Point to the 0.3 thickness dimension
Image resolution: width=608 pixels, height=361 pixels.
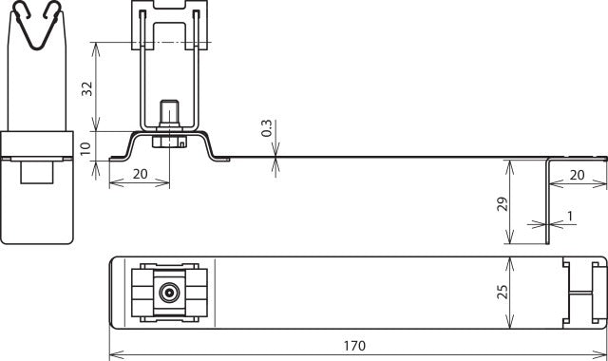268,128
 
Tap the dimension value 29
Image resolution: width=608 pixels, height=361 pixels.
503,203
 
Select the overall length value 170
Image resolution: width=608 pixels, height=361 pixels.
356,346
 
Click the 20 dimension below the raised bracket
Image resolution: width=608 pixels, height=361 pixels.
139,173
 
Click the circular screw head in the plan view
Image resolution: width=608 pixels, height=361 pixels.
169,292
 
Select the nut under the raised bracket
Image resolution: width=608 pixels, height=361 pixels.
170,142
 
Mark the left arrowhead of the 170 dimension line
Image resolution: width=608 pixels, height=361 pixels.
114,355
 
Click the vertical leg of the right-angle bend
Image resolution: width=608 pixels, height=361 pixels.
549,200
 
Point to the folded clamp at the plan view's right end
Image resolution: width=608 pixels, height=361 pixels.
581,292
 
